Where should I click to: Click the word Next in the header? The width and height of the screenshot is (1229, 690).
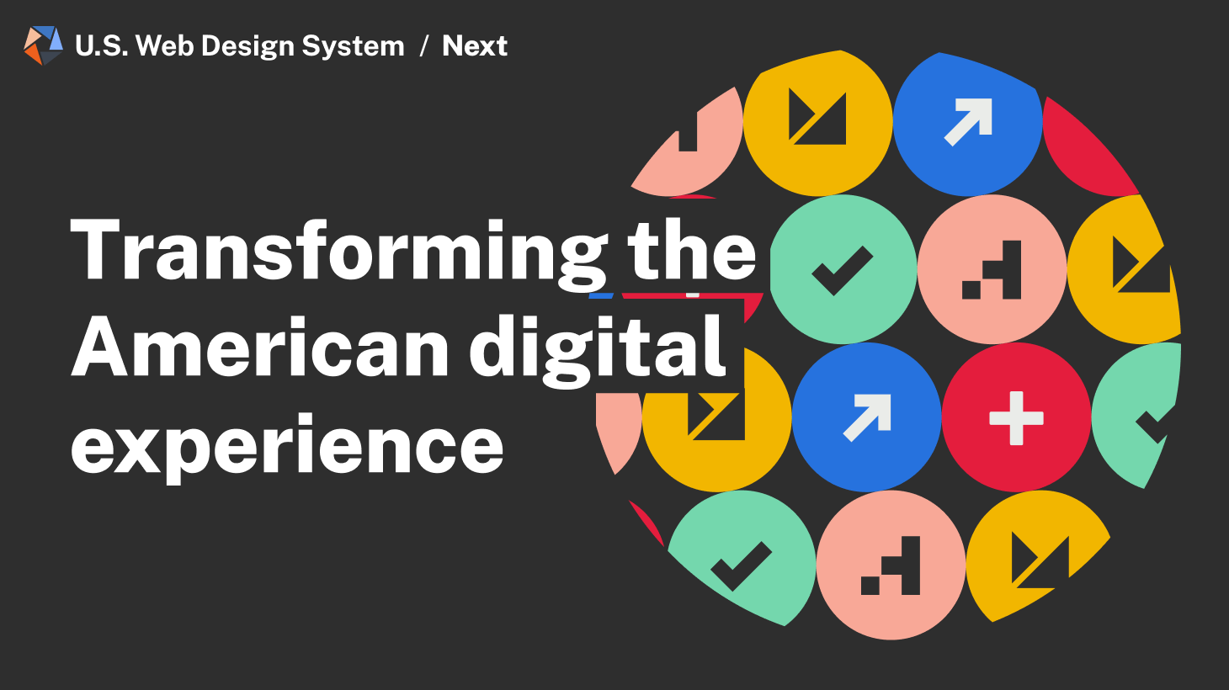[475, 45]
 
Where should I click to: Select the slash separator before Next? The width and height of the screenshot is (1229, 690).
[423, 45]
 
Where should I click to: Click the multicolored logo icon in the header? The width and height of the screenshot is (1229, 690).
[43, 45]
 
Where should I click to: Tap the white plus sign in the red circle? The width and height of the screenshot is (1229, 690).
[1016, 418]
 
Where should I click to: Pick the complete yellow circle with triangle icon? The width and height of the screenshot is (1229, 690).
[817, 123]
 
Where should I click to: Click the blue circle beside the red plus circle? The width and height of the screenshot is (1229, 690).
[866, 418]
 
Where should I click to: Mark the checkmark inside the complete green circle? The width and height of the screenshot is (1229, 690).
[842, 270]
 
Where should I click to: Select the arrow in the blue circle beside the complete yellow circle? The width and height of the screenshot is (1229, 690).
[968, 121]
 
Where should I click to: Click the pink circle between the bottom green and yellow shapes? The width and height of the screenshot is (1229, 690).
[891, 565]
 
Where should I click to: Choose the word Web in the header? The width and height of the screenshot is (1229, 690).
[165, 45]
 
